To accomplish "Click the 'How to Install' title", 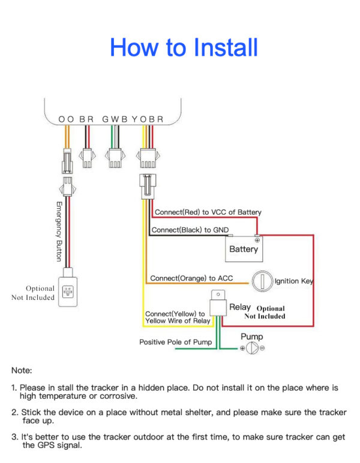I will (184, 47).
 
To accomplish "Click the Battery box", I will (244, 248).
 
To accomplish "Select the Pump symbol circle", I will (253, 348).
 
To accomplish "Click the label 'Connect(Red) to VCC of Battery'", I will (208, 212).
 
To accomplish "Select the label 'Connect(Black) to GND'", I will (190, 230).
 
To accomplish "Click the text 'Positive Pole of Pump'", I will (176, 342).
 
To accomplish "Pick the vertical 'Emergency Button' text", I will (59, 231).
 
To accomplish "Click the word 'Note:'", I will (22, 371).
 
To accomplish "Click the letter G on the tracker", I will (106, 119).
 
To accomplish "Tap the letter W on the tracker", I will (115, 119).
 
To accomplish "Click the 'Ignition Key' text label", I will (294, 281).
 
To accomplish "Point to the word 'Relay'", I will (240, 307).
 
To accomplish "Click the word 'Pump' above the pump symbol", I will (252, 336).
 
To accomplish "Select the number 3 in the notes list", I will (14, 437).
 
